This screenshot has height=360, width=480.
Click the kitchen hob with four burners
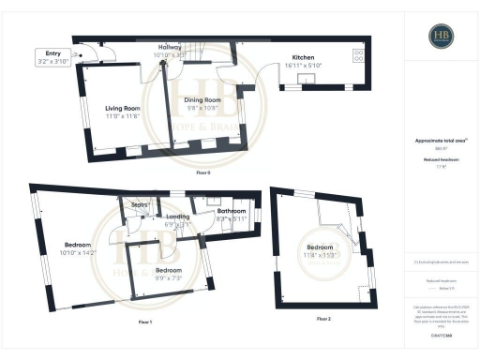tap(358, 54)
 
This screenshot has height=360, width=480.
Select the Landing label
tap(177, 217)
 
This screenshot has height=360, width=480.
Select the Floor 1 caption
tap(143, 322)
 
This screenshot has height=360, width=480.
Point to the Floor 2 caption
tap(323, 320)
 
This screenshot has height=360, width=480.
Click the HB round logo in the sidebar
tap(442, 37)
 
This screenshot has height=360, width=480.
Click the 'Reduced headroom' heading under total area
tap(441, 159)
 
